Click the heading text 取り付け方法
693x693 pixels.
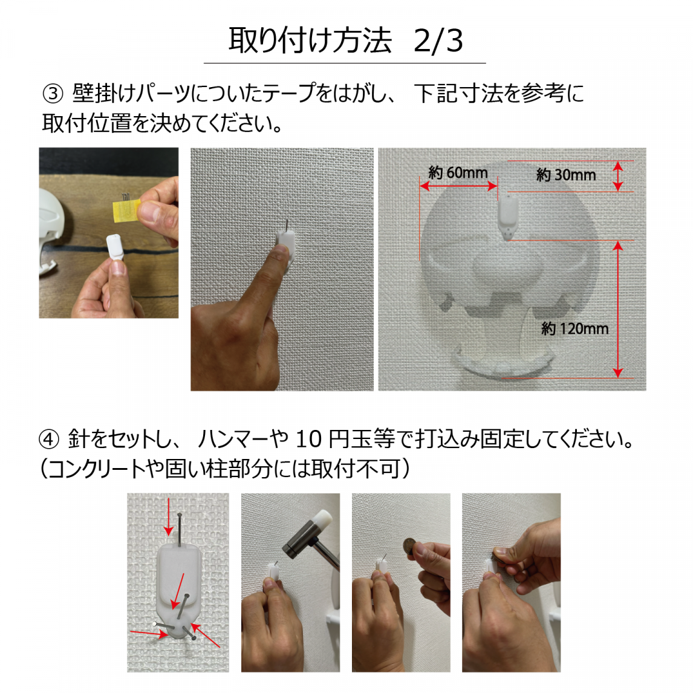(310, 41)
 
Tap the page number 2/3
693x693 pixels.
(438, 41)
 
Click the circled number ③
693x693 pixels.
(53, 94)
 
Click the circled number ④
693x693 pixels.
(48, 439)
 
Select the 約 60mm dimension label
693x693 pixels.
(458, 173)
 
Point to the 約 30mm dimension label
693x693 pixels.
(566, 175)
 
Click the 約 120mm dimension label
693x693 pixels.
(574, 329)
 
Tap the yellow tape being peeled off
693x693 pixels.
(126, 209)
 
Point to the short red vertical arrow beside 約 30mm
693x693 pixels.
(618, 176)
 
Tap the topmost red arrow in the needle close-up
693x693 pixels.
(168, 516)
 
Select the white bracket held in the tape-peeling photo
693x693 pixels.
(116, 247)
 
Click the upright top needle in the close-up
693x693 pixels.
(180, 530)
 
